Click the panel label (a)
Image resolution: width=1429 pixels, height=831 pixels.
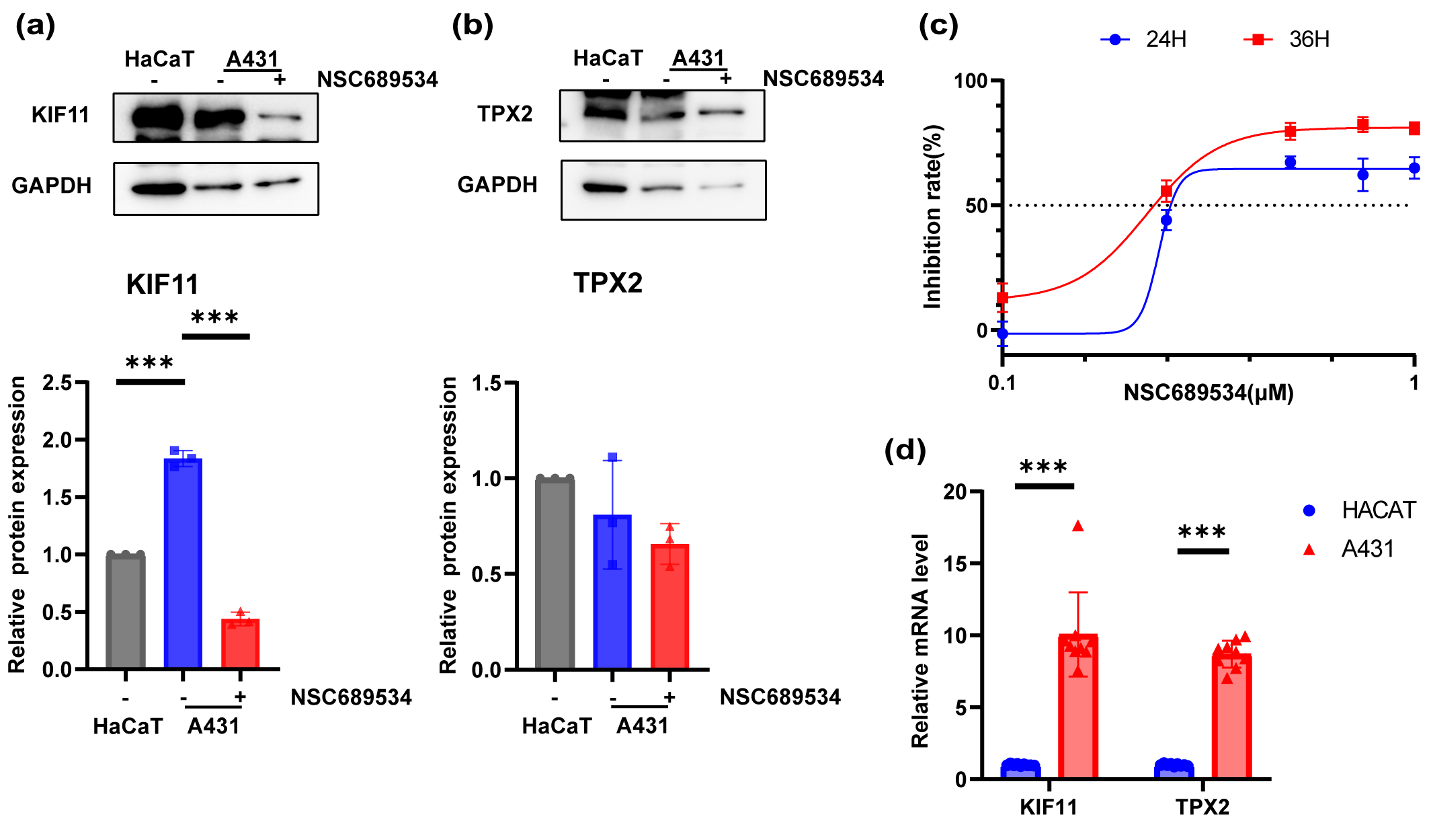pyautogui.click(x=35, y=26)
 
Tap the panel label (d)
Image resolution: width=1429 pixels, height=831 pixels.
pyautogui.click(x=905, y=450)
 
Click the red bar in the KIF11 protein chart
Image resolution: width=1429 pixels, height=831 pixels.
pyautogui.click(x=240, y=643)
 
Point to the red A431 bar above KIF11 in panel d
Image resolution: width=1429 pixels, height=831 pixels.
pyautogui.click(x=1077, y=706)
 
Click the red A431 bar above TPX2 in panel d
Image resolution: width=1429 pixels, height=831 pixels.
pyautogui.click(x=1231, y=716)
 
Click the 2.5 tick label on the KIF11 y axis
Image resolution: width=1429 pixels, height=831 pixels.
pyautogui.click(x=57, y=383)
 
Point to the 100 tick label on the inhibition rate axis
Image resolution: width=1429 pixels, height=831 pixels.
pyautogui.click(x=971, y=81)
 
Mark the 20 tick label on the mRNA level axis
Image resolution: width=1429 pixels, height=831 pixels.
pyautogui.click(x=954, y=492)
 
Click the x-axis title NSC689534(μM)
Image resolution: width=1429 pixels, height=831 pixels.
pyautogui.click(x=1209, y=393)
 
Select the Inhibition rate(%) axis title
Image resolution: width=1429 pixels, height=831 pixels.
pyautogui.click(x=932, y=216)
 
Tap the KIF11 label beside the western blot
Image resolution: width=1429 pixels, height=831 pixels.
pyautogui.click(x=60, y=115)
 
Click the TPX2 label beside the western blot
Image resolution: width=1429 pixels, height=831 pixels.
pyautogui.click(x=505, y=114)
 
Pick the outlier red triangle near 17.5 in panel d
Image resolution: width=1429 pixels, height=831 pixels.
pyautogui.click(x=1078, y=526)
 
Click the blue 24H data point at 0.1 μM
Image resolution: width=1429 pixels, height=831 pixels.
pyautogui.click(x=1002, y=333)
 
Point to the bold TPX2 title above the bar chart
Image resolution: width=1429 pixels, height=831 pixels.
pyautogui.click(x=608, y=283)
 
